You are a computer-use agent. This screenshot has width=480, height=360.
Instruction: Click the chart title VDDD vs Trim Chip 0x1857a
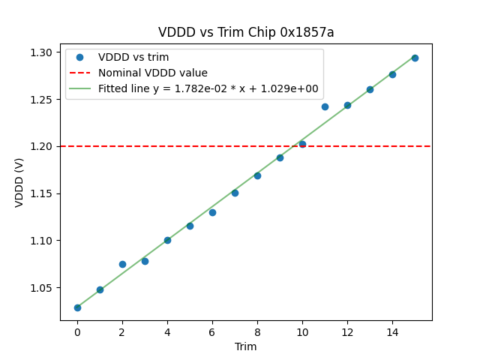pyautogui.click(x=246, y=32)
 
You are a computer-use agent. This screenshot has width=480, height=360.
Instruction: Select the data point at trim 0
pyautogui.click(x=77, y=307)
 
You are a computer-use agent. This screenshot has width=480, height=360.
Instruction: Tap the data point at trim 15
pyautogui.click(x=415, y=58)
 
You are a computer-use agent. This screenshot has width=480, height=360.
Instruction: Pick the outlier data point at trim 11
pyautogui.click(x=325, y=106)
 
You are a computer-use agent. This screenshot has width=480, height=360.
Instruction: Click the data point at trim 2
pyautogui.click(x=122, y=264)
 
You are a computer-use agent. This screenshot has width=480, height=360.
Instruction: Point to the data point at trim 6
pyautogui.click(x=212, y=212)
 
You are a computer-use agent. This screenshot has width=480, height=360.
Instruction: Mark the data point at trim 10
pyautogui.click(x=302, y=144)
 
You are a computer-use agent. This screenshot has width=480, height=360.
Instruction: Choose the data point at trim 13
pyautogui.click(x=370, y=89)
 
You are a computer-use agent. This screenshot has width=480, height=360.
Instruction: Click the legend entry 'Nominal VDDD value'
pyautogui.click(x=153, y=73)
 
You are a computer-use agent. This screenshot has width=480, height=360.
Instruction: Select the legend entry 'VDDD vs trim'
pyautogui.click(x=133, y=57)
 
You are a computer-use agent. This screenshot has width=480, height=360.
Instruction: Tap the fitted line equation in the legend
pyautogui.click(x=208, y=88)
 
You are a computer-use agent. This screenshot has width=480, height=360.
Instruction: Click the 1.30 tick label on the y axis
pyautogui.click(x=41, y=52)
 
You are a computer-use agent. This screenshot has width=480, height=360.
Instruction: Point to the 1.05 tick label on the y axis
pyautogui.click(x=41, y=288)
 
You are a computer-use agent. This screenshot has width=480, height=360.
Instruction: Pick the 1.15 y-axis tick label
pyautogui.click(x=41, y=193)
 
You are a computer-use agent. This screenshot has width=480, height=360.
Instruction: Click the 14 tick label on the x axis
pyautogui.click(x=392, y=331)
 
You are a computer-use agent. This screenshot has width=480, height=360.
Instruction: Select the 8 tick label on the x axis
pyautogui.click(x=257, y=331)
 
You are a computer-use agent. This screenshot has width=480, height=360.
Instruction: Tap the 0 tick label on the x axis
pyautogui.click(x=77, y=331)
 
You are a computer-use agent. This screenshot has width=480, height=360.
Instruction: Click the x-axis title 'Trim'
pyautogui.click(x=246, y=346)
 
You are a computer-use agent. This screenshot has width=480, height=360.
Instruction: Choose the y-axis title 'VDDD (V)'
pyautogui.click(x=20, y=182)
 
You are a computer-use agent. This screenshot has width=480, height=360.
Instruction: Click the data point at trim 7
pyautogui.click(x=235, y=193)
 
